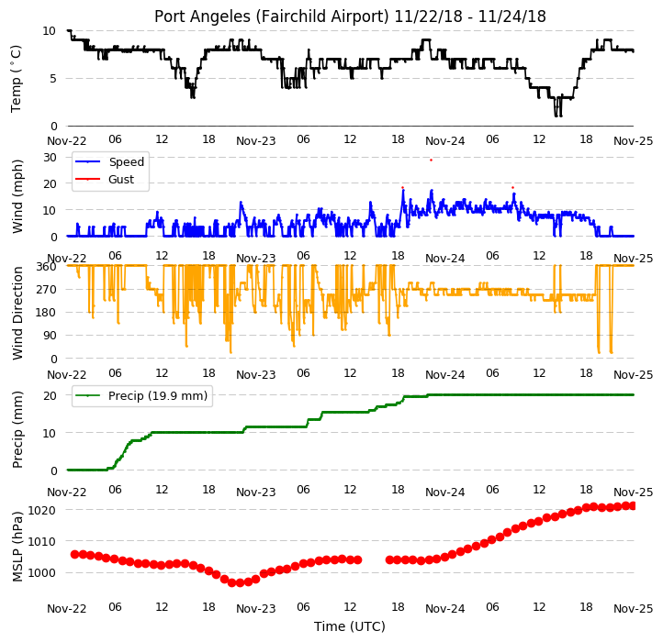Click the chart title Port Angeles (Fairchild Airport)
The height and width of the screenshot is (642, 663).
(272, 17)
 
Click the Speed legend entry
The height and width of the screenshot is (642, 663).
(109, 161)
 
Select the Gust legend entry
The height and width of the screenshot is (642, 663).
(105, 180)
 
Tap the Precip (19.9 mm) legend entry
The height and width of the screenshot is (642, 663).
(140, 396)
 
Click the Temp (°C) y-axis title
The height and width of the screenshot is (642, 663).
(16, 79)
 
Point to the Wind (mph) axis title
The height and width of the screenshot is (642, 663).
(17, 196)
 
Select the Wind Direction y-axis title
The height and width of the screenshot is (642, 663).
(17, 313)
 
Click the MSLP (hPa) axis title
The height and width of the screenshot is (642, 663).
(17, 547)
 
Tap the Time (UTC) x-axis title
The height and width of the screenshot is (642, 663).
(350, 626)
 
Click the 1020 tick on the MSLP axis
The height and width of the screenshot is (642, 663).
(41, 510)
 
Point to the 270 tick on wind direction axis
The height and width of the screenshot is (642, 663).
(47, 290)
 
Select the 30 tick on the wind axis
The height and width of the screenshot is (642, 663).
(50, 158)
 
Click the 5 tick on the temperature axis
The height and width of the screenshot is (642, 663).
(53, 79)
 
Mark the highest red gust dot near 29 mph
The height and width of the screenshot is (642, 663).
(431, 160)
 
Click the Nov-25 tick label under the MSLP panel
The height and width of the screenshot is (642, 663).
(634, 609)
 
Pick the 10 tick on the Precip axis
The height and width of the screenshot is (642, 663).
(50, 433)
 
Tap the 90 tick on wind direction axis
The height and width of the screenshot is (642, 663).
(50, 336)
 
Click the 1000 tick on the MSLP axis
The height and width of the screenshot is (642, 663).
(41, 573)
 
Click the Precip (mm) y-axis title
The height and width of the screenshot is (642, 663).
(17, 430)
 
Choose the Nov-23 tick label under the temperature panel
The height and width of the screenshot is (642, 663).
(256, 141)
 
